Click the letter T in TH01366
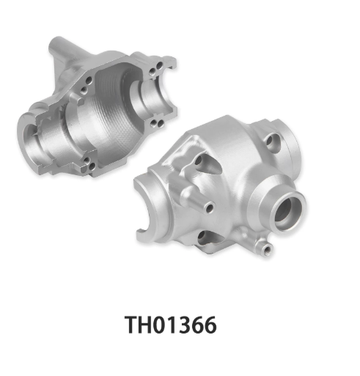coord(133,325)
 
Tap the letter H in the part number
coord(148,325)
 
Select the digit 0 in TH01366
coord(162,325)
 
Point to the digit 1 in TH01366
coord(175,325)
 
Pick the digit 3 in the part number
coord(186,325)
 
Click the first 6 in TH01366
coord(199,325)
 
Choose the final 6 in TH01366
coord(210,325)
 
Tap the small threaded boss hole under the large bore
coord(267,250)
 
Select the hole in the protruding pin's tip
coord(210,208)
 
